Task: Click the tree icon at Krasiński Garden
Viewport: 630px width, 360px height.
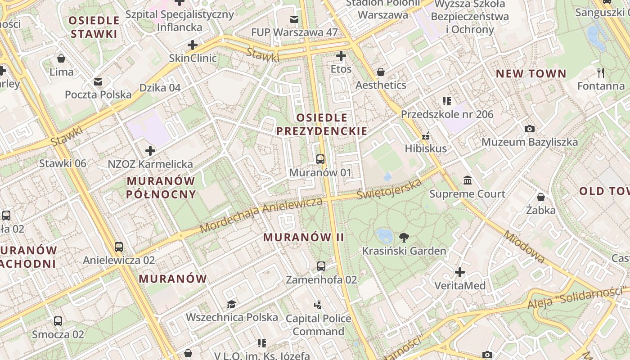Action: (404, 237)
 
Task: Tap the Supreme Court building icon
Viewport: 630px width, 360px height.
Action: (468, 180)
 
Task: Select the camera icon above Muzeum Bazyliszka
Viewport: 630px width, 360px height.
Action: (530, 129)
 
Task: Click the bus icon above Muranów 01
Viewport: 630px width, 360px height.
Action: (320, 159)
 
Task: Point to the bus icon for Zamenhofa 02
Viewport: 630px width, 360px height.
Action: (321, 266)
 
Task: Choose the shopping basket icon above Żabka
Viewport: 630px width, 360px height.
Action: (541, 197)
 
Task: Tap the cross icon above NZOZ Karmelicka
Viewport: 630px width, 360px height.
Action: (150, 151)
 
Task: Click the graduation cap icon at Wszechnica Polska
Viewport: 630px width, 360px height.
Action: (231, 304)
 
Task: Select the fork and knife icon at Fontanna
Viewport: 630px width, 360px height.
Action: (600, 72)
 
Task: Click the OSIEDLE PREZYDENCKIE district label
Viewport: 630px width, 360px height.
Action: (322, 125)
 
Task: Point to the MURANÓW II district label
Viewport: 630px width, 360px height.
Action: (304, 237)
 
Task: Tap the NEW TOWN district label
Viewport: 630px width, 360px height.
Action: (531, 74)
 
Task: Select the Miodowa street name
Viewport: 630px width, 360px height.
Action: (524, 247)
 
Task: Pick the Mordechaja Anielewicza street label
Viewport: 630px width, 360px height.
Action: (261, 215)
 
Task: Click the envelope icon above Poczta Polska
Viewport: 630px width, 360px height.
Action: (98, 82)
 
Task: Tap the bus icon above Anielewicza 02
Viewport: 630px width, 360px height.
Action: (119, 247)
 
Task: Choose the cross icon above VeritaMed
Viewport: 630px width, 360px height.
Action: (460, 272)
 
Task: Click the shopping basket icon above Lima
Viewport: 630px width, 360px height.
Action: (61, 58)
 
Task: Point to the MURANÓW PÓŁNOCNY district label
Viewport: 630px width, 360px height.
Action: (161, 188)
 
